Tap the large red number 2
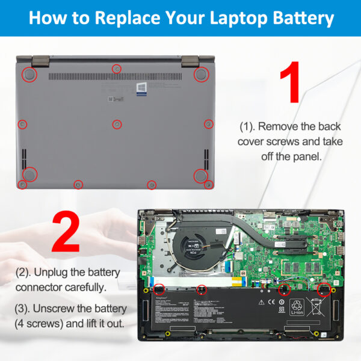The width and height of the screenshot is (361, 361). [65, 232]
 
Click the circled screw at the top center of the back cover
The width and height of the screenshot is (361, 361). [117, 69]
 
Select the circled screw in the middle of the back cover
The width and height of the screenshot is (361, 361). [117, 124]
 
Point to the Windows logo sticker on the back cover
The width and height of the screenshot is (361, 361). [141, 88]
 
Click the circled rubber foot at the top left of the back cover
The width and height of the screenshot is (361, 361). [29, 74]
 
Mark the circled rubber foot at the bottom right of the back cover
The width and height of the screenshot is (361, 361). [200, 175]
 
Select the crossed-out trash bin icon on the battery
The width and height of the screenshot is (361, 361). [316, 307]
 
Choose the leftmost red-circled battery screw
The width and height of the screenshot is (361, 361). [160, 289]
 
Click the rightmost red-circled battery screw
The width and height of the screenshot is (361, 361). [324, 289]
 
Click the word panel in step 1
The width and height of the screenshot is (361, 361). [307, 155]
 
